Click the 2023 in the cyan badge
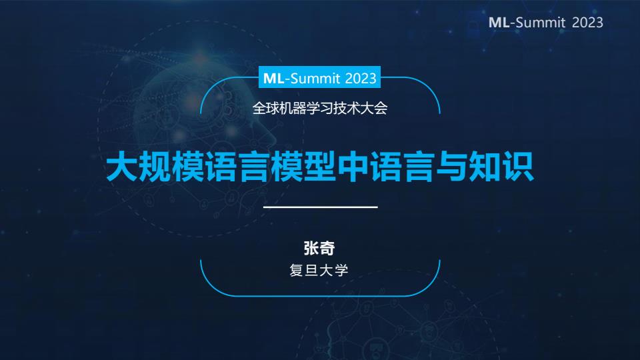click(x=361, y=78)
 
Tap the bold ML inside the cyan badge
click(x=273, y=78)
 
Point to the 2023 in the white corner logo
click(x=587, y=23)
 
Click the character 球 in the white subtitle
click(x=273, y=108)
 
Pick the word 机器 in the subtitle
click(x=293, y=108)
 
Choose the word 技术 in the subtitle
click(x=347, y=108)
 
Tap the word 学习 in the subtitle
click(x=319, y=108)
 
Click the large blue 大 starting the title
click(x=122, y=166)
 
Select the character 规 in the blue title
click(x=155, y=166)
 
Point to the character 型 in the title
click(x=320, y=166)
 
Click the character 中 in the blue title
click(x=353, y=166)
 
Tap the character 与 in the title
click(x=452, y=166)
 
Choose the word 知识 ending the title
click(x=501, y=166)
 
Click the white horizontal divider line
click(x=321, y=207)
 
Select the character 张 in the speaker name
click(x=311, y=248)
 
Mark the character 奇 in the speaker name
click(x=327, y=248)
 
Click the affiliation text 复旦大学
click(x=319, y=270)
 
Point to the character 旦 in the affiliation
click(x=311, y=270)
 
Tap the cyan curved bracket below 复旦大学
click(x=321, y=295)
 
